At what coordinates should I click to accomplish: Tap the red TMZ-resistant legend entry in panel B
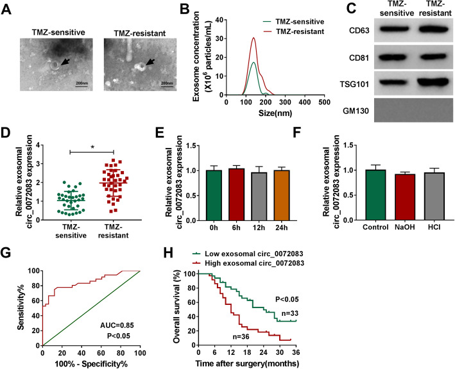tap(293, 31)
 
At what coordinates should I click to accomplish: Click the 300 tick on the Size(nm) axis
tap(286, 102)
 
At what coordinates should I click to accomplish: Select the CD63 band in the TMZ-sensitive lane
tap(396, 29)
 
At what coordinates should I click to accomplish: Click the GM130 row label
tap(356, 111)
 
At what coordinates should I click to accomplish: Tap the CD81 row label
tap(359, 58)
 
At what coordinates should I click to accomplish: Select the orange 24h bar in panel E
tap(282, 195)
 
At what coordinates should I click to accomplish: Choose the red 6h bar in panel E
tap(236, 194)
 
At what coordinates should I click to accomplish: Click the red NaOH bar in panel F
tap(405, 197)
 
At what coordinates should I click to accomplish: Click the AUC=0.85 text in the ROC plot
tap(117, 325)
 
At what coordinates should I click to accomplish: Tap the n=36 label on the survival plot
tap(241, 336)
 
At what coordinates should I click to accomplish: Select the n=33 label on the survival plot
tap(290, 313)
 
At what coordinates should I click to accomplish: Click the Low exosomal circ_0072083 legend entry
tap(248, 254)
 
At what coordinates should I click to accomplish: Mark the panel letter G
tap(6, 252)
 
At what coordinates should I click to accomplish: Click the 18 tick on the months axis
tap(247, 352)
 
